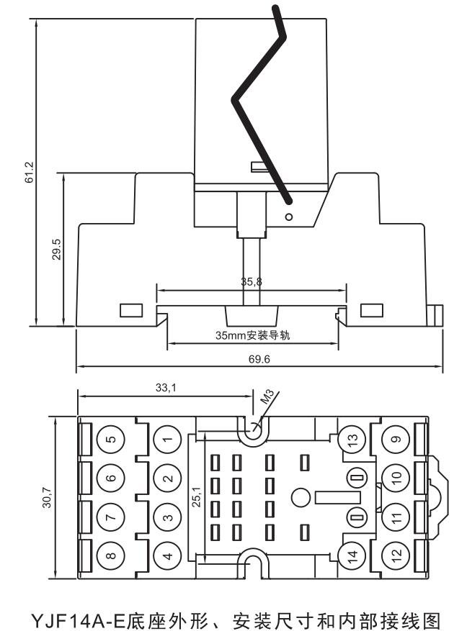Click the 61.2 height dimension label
coord(29,173)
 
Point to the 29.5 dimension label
coord(57,249)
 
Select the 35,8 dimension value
coord(252,282)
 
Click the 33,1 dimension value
coord(164,388)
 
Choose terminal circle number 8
coord(110,555)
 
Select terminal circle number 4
coord(167,555)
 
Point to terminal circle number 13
coord(351,439)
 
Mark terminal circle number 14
coord(351,555)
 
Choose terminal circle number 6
coord(110,478)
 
